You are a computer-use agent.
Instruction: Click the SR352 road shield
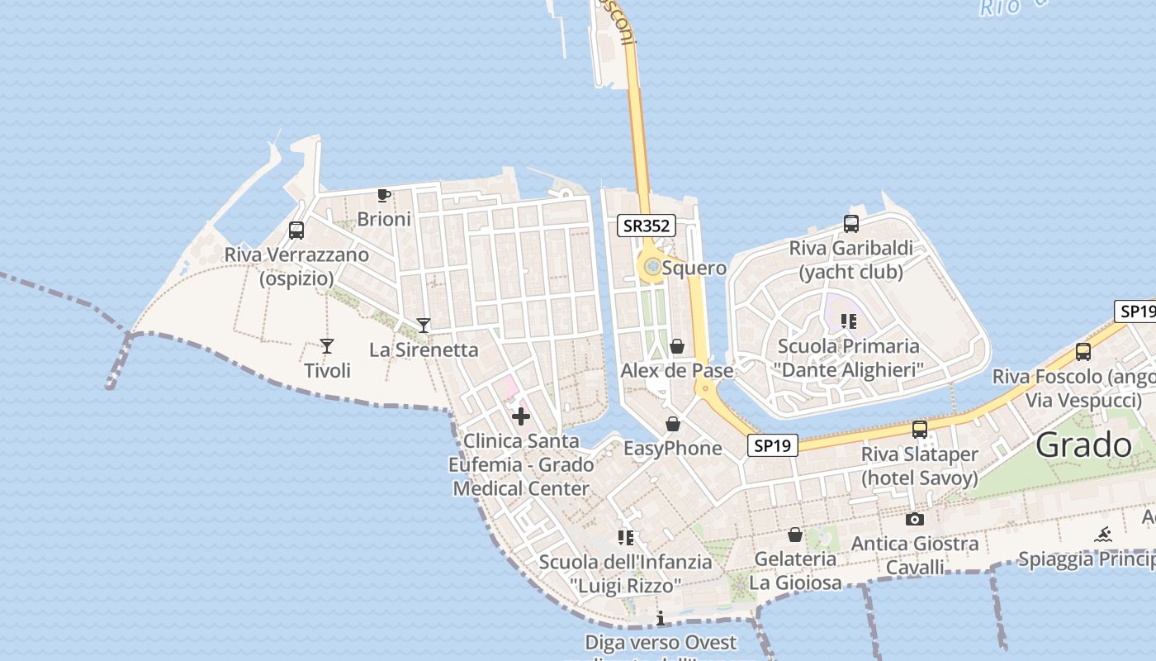tap(646, 226)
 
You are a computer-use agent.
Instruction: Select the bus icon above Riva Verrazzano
tap(296, 231)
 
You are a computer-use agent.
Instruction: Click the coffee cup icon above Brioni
tap(383, 196)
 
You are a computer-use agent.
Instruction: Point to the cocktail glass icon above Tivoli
tap(327, 346)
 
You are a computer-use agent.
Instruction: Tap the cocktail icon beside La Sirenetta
tap(424, 326)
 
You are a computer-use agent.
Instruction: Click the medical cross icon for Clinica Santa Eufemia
tap(521, 416)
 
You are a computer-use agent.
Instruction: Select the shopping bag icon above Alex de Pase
tap(677, 346)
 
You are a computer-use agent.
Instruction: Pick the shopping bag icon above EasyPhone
tap(673, 425)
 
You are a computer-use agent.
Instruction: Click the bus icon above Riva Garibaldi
tap(851, 223)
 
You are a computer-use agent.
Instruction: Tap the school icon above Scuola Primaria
tap(849, 321)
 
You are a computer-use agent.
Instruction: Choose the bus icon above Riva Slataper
tap(919, 430)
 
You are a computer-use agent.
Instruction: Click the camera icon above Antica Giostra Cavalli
tap(914, 520)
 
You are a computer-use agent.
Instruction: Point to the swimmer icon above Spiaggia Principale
tap(1103, 535)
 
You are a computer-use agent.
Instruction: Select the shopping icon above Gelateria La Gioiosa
tap(794, 535)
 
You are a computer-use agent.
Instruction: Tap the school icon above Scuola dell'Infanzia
tap(626, 538)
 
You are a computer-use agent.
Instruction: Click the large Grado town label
tap(1083, 445)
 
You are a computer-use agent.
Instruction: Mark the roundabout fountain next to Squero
tap(652, 267)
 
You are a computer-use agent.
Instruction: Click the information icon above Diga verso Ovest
tap(661, 618)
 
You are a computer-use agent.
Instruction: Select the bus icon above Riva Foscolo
tap(1083, 352)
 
